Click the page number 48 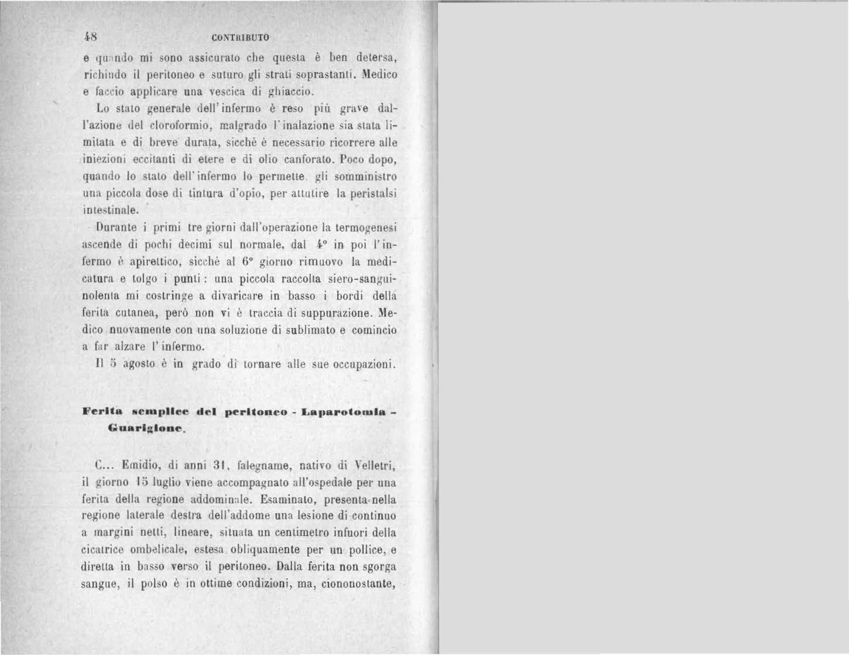tap(90, 36)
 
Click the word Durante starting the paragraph tap(116, 227)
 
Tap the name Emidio tap(138, 466)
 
